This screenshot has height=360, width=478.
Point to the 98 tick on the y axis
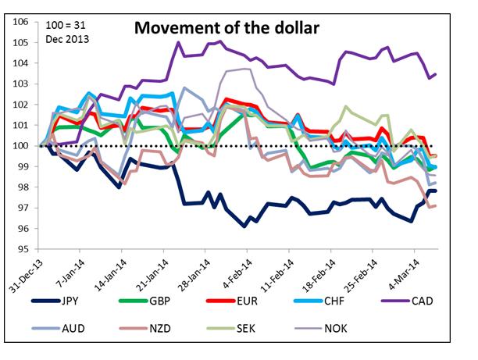pos(23,187)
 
